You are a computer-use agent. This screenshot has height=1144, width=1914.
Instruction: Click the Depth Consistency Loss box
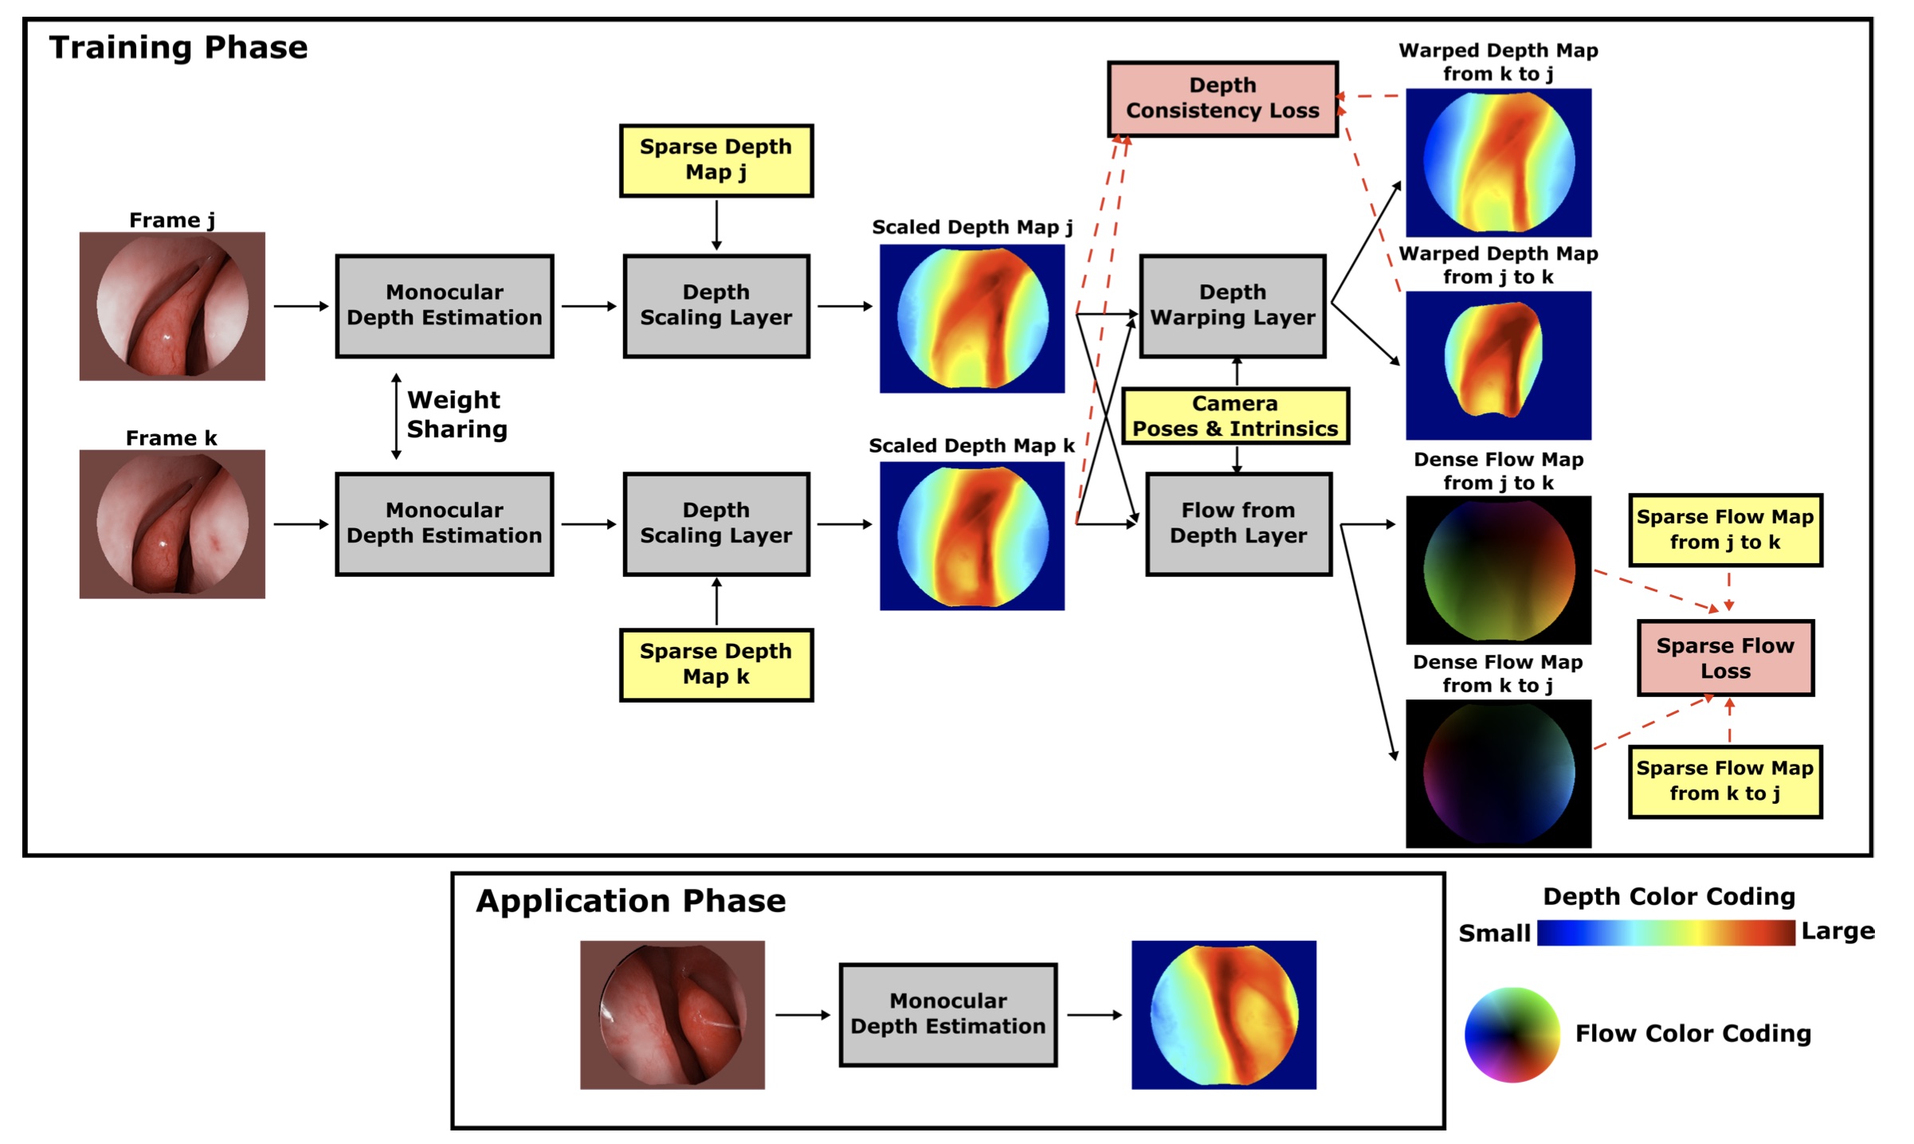[1222, 99]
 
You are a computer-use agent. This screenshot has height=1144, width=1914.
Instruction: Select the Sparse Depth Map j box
[716, 160]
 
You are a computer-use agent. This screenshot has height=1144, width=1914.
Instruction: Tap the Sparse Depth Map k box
[716, 664]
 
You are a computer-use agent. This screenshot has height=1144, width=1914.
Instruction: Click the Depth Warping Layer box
[1233, 306]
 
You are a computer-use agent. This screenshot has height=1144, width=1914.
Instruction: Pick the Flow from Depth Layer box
[1238, 523]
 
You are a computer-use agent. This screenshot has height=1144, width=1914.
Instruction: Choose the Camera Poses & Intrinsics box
[1235, 416]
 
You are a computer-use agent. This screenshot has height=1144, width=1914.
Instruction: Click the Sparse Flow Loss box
[1725, 658]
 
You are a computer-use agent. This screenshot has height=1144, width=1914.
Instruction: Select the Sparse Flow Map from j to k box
[1725, 530]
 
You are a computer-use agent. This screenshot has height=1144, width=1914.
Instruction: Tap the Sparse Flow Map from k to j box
[1725, 782]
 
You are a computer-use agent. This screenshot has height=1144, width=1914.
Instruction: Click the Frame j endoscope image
[172, 306]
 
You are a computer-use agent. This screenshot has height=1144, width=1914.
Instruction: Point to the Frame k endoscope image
[172, 523]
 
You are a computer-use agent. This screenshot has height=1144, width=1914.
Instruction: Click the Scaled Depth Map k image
[972, 535]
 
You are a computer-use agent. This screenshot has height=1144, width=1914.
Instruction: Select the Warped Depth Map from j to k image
[1498, 365]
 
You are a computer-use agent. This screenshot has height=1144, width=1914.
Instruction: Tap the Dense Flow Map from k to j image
[1498, 773]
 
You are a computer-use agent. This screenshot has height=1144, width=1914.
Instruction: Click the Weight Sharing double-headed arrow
[396, 416]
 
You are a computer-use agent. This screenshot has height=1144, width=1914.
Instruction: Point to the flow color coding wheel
[1512, 1034]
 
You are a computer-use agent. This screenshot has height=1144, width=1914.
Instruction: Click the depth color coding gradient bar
[1665, 932]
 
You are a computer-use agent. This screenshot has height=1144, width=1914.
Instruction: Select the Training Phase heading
[178, 48]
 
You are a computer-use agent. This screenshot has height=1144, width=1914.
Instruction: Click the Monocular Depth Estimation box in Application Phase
[948, 1014]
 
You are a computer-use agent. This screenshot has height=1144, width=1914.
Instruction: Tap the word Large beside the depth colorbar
[1838, 930]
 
